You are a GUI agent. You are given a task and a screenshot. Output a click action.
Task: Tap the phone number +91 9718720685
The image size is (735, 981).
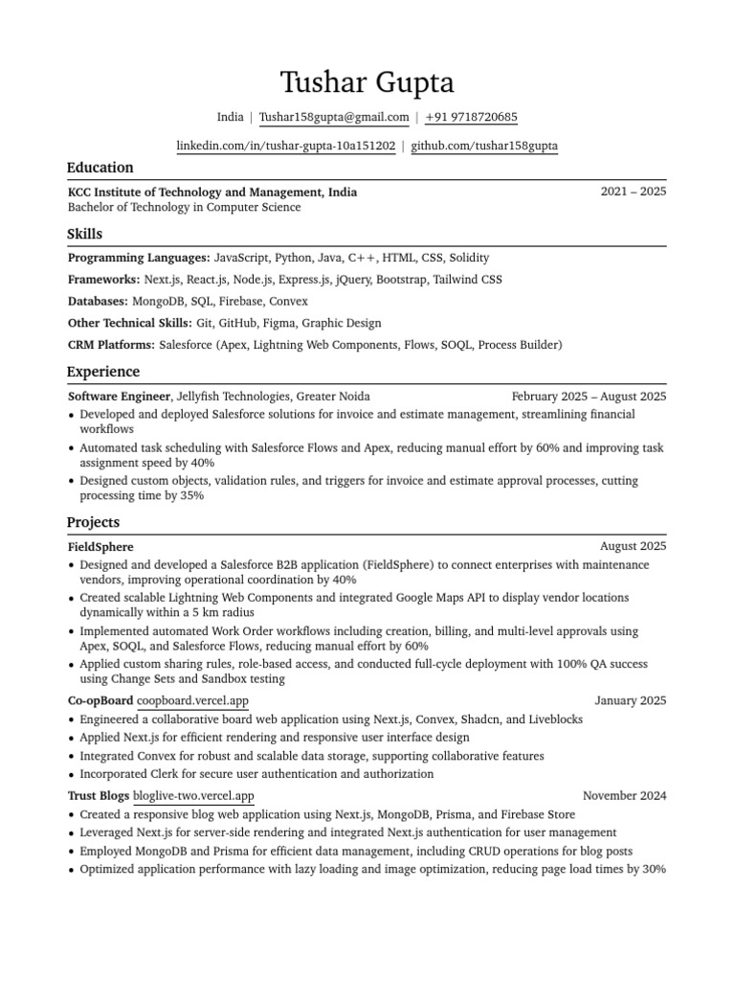pos(471,118)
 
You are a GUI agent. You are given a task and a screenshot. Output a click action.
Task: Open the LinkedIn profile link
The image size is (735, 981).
pos(286,147)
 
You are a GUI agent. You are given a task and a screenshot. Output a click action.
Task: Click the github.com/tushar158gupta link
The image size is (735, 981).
pos(484,147)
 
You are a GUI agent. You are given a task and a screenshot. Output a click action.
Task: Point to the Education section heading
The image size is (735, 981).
pos(100,168)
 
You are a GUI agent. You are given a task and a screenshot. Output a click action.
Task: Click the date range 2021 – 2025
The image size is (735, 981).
pos(633,192)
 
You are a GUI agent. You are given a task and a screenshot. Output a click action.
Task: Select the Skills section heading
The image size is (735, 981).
pos(84,234)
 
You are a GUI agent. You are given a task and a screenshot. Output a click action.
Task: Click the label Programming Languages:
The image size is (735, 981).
pos(139,258)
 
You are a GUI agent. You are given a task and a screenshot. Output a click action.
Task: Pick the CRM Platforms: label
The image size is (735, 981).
pos(111,345)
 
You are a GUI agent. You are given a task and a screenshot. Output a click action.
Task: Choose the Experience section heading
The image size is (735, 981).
pos(102,372)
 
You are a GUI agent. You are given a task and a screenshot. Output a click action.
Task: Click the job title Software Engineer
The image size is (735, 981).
pos(119,396)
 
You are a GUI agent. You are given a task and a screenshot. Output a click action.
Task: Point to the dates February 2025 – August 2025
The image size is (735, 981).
pos(589,396)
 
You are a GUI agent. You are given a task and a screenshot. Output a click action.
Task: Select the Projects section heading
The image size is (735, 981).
pos(93,522)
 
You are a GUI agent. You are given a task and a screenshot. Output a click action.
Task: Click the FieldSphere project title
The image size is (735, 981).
pos(100,546)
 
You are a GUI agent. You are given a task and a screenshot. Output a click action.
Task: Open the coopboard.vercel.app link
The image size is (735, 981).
pos(192,701)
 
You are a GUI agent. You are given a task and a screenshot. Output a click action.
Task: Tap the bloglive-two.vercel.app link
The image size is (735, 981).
pos(193,795)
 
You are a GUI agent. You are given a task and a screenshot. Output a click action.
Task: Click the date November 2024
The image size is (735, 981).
pos(624,795)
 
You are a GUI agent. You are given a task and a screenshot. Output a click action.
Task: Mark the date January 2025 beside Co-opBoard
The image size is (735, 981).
pos(630,701)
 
